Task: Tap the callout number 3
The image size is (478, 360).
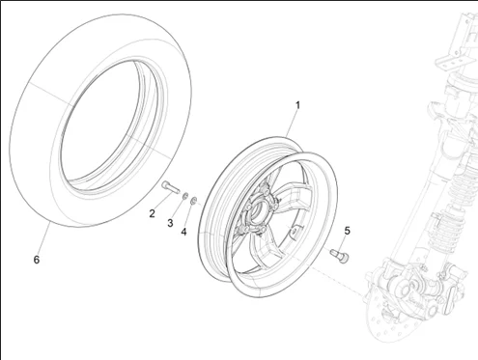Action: tap(170, 223)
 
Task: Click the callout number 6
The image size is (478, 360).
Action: tap(37, 260)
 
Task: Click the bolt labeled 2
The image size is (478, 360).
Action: tap(169, 187)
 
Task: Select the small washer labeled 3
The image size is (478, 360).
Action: tap(184, 196)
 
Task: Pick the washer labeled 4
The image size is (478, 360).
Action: tap(194, 200)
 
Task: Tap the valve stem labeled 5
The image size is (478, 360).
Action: tap(340, 255)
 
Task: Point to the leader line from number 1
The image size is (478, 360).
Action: tap(294, 123)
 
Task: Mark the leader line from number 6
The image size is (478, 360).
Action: tap(42, 239)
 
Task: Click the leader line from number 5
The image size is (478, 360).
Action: tap(345, 242)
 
